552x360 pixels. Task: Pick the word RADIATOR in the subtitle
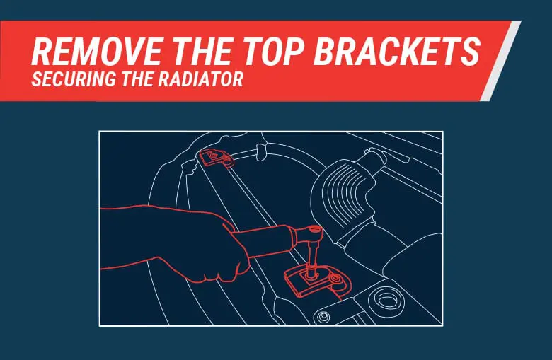[205, 80]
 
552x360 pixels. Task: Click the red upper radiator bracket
[216, 159]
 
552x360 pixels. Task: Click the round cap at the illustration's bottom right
[387, 298]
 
